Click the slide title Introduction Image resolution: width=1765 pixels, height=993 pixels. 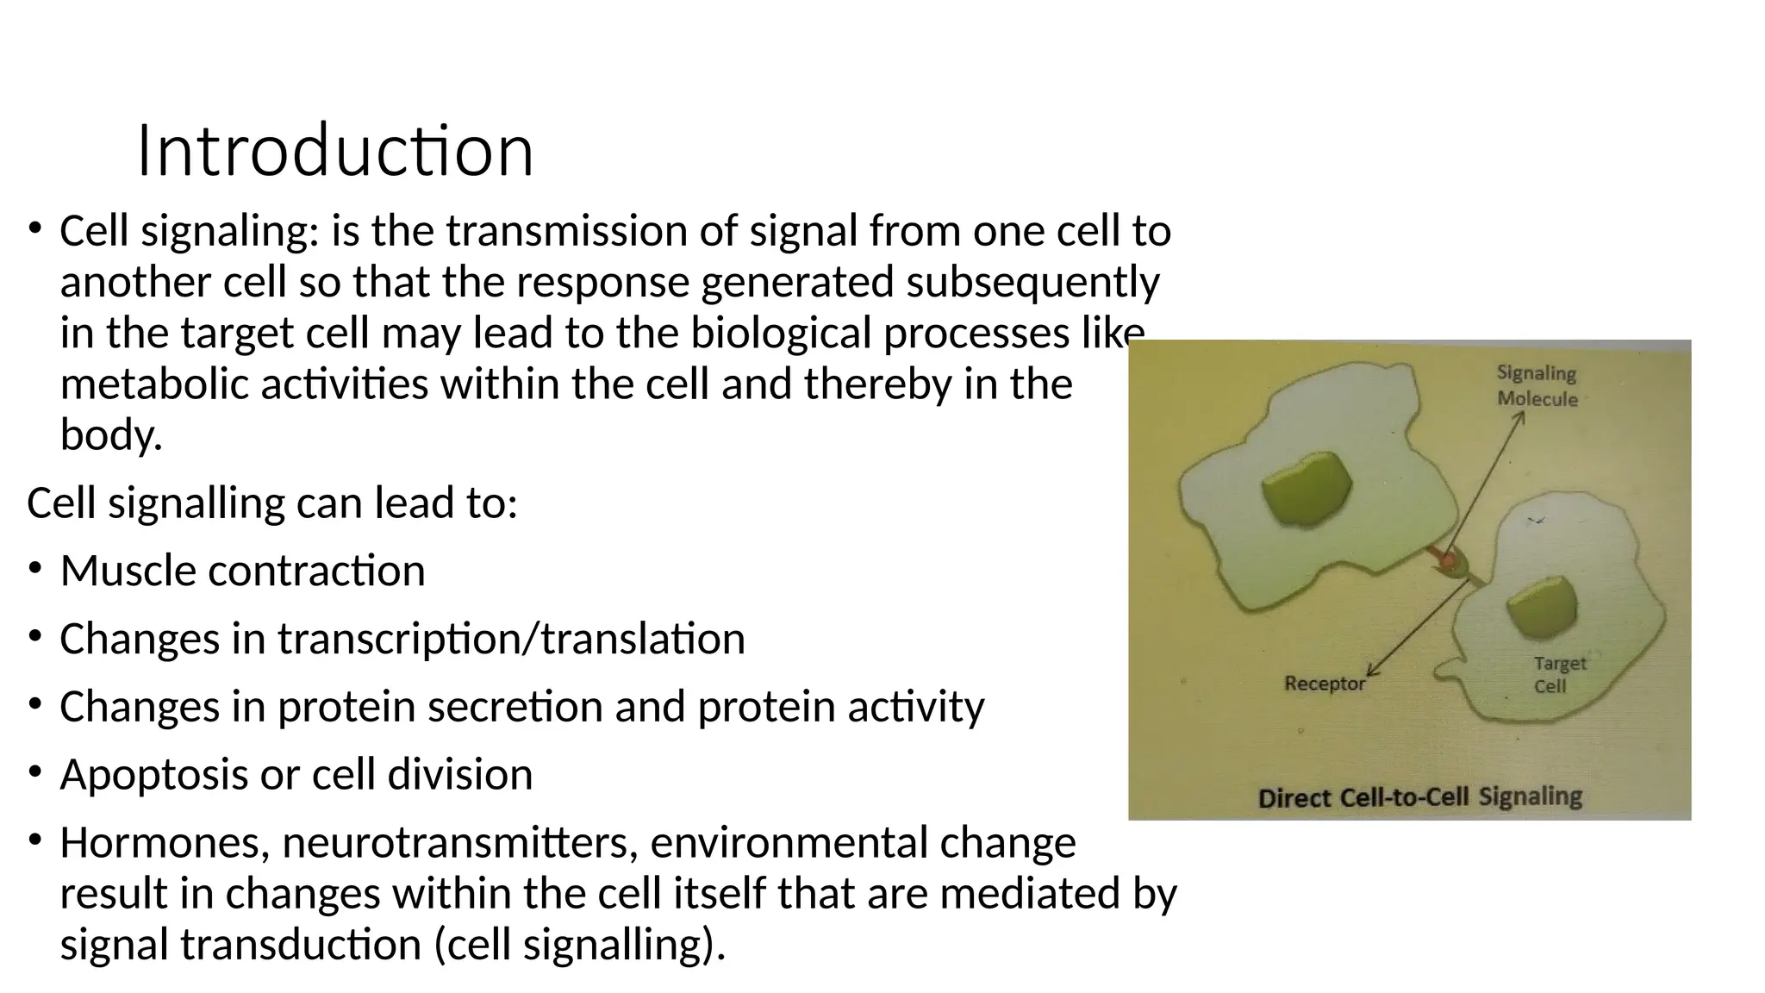tap(335, 151)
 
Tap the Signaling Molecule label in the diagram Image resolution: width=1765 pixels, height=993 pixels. tap(1537, 385)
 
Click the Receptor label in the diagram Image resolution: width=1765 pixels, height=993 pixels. tap(1325, 684)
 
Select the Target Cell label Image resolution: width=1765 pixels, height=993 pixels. tap(1559, 674)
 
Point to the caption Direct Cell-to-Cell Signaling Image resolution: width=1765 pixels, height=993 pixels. tap(1419, 797)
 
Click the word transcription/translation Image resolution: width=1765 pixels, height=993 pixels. tap(510, 639)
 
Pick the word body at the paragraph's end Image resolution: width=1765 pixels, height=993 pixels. tap(109, 434)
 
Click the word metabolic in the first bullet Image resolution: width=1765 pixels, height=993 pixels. tap(154, 384)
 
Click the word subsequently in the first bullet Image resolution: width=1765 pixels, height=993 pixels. tap(1032, 282)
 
